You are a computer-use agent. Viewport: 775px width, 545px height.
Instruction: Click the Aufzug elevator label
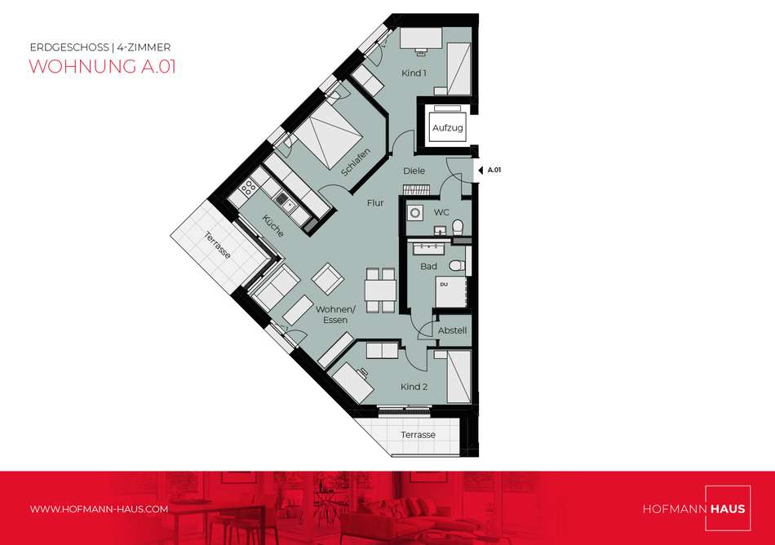coord(447,128)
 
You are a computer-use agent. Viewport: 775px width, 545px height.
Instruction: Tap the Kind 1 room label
coord(414,73)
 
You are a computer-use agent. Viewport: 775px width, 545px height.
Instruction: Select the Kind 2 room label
coord(414,387)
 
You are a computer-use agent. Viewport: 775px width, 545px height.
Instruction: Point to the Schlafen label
coord(356,162)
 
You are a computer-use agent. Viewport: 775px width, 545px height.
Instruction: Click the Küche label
coord(272,226)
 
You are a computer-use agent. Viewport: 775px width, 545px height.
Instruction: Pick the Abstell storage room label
coord(452,330)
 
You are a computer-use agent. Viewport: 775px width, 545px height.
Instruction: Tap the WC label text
coord(441,212)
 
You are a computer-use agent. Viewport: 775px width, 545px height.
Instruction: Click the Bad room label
coord(428,266)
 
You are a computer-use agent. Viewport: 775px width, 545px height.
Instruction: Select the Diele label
coord(414,171)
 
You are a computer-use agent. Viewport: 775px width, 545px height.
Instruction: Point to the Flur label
coord(375,203)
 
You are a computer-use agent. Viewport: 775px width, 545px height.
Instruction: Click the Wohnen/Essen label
coord(335,315)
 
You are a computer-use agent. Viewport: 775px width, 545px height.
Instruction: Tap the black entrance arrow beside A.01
coord(480,171)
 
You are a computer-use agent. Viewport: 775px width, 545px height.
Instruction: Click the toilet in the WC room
coord(457,227)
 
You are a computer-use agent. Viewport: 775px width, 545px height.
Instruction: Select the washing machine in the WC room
coord(415,213)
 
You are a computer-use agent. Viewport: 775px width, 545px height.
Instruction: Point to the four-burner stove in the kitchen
coord(248,188)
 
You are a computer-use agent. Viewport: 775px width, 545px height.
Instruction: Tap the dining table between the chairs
coord(381,290)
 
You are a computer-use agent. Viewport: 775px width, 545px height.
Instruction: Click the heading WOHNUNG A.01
coord(102,66)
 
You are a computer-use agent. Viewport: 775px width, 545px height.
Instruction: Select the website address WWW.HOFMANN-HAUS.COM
coord(99,509)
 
